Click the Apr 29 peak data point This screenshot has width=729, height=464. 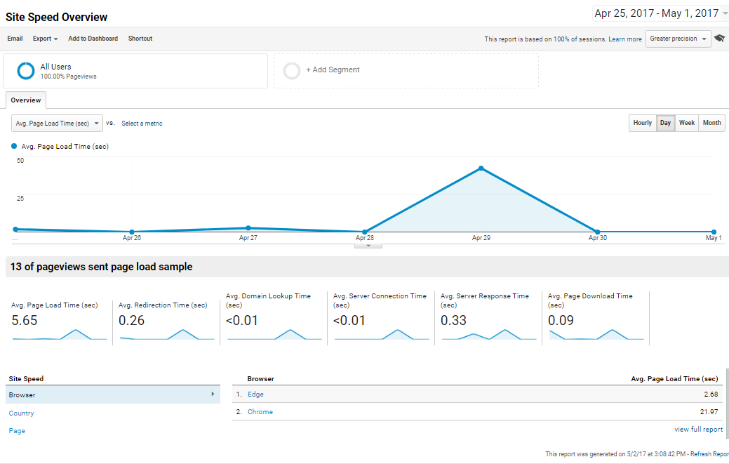(481, 168)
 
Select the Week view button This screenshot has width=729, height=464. (687, 123)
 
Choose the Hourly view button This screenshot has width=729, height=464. (643, 123)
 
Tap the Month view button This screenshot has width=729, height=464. (711, 123)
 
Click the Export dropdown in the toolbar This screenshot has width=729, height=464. (45, 39)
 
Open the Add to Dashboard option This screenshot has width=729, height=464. (93, 39)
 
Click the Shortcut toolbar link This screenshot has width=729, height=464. (140, 39)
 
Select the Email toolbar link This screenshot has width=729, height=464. (15, 39)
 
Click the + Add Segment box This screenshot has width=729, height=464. (406, 70)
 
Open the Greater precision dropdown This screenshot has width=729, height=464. (678, 39)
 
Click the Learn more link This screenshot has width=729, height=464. (624, 39)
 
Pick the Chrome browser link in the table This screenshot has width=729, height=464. (260, 412)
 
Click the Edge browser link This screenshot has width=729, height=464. (255, 395)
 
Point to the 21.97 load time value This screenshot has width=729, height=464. (709, 412)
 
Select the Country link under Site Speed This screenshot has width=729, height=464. (21, 413)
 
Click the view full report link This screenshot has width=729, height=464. (698, 430)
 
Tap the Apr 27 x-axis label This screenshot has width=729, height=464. (248, 238)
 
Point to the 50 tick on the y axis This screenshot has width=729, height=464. (20, 161)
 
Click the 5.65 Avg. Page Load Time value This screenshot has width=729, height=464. (25, 321)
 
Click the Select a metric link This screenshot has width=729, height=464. (142, 124)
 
